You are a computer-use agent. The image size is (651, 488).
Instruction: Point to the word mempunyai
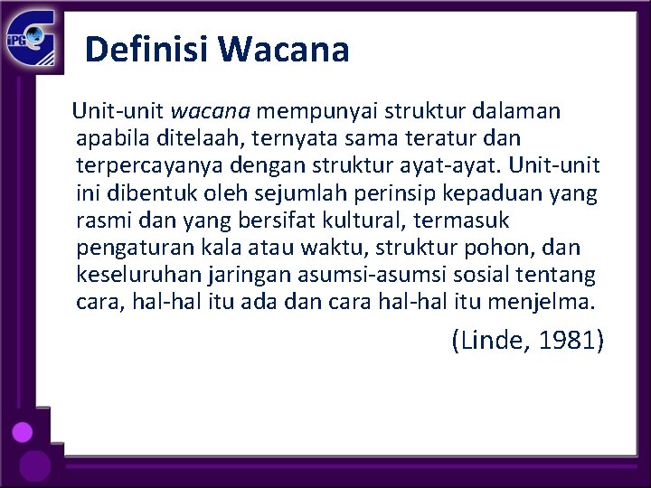pyautogui.click(x=320, y=111)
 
